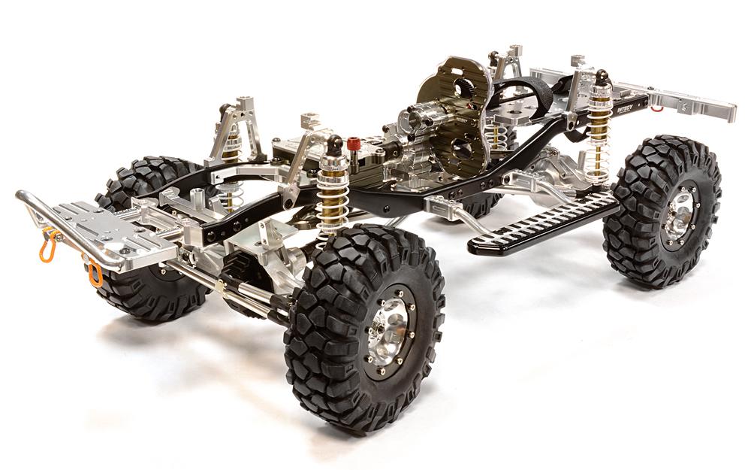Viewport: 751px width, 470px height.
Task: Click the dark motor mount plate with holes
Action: coord(451,113)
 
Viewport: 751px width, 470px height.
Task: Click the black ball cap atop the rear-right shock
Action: coord(602,77)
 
